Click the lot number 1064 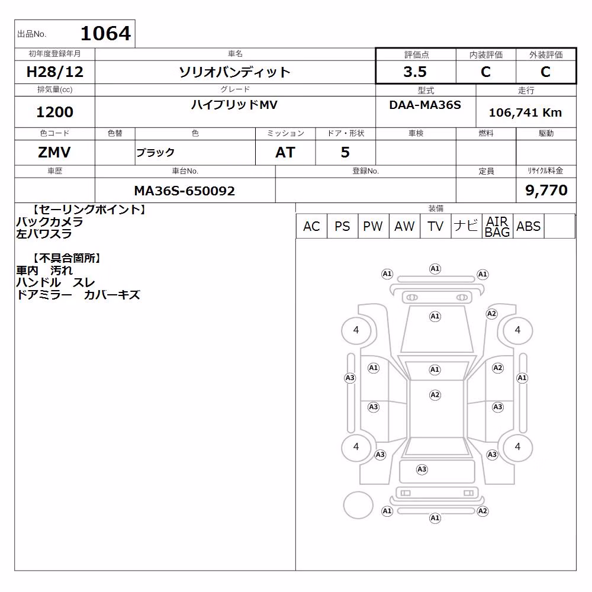106,33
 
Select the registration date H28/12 54,72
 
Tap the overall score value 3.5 415,72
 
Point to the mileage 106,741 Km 525,112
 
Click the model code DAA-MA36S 425,105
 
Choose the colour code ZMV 54,153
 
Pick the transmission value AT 285,153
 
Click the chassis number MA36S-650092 185,191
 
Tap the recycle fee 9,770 546,190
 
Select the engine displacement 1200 54,112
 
